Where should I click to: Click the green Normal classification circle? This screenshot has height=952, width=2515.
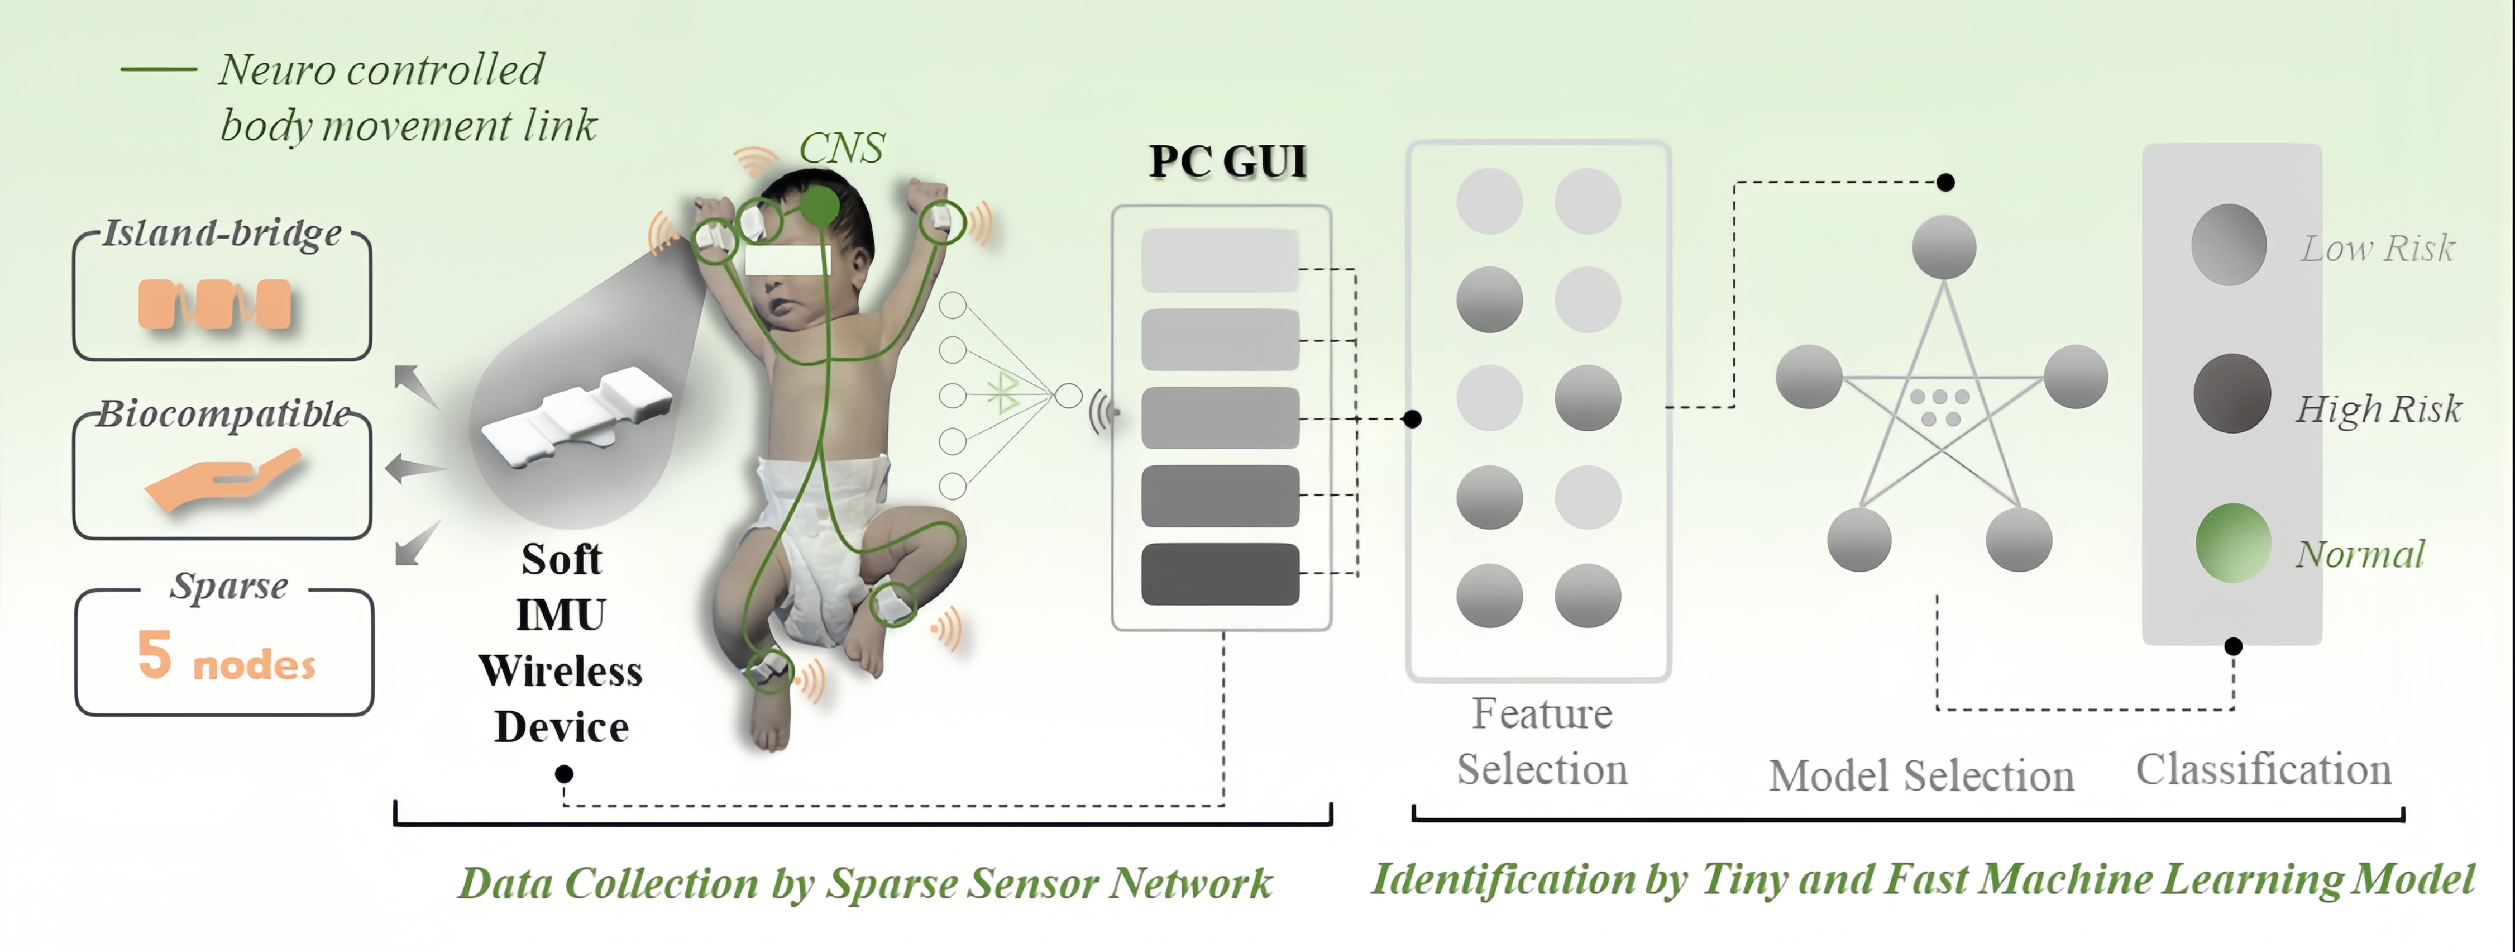tap(2233, 543)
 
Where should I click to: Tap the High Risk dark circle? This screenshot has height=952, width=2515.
tap(2232, 393)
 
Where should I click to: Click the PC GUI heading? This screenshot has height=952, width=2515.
tap(1227, 161)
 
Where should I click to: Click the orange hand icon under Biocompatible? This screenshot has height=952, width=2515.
tap(223, 478)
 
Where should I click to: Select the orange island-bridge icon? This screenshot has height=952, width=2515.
tap(215, 304)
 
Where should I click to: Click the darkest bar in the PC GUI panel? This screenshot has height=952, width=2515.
tap(1221, 574)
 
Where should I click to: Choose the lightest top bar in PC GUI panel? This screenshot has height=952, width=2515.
tap(1221, 260)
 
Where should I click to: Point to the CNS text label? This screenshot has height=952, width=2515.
tap(841, 149)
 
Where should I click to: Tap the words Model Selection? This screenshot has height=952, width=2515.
tap(1921, 776)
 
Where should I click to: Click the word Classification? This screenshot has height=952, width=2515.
tap(2263, 769)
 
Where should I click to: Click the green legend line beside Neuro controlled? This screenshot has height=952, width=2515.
tap(158, 69)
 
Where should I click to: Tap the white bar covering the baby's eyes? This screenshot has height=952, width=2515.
tap(787, 260)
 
